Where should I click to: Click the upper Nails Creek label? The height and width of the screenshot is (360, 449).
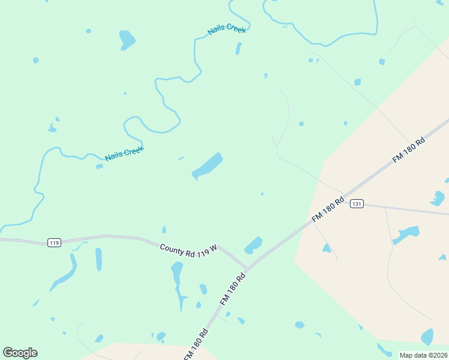227,29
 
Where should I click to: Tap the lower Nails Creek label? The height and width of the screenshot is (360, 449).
124,154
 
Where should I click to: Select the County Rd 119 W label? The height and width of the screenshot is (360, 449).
188,248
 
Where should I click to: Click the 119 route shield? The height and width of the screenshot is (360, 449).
54,242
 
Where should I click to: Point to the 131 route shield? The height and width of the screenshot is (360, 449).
357,204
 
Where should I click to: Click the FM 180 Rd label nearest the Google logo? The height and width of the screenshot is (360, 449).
196,344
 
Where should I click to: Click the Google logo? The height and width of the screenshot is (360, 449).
20,353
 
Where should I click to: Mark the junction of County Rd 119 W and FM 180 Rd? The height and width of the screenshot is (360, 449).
247,269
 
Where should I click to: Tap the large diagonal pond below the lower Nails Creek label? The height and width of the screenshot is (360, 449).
207,166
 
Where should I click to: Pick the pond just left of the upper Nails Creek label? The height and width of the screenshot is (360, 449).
127,39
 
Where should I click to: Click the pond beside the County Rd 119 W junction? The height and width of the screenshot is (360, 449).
253,245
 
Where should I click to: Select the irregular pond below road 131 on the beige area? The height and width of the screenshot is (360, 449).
406,234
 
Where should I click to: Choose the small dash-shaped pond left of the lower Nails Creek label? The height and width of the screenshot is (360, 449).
99,166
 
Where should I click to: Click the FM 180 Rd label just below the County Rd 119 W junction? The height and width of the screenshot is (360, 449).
234,289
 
